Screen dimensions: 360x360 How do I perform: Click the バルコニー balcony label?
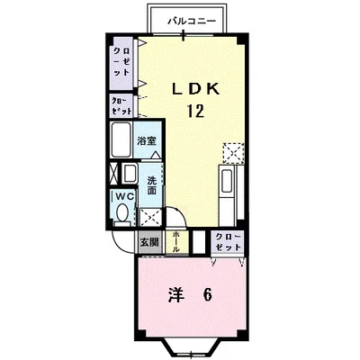click(x=192, y=21)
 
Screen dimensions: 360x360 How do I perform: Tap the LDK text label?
click(x=195, y=88)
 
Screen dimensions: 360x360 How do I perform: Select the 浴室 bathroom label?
click(x=147, y=141)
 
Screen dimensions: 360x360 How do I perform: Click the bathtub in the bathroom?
click(x=121, y=139)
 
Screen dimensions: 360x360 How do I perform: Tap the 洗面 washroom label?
click(x=152, y=185)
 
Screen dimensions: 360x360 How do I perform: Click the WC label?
click(x=124, y=196)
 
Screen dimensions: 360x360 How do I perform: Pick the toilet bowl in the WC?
click(x=121, y=214)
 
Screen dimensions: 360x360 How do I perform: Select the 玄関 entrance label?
click(x=149, y=242)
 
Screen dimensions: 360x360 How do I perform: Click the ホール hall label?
click(x=175, y=242)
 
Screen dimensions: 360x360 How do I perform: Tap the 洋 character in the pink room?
click(x=175, y=294)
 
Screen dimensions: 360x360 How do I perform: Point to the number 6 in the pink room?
click(x=207, y=294)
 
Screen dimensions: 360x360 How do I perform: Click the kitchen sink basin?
click(x=226, y=181)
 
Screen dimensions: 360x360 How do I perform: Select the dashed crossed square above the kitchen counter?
click(x=233, y=153)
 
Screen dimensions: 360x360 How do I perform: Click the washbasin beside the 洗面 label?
click(x=130, y=173)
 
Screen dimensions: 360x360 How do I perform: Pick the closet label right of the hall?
click(x=228, y=242)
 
